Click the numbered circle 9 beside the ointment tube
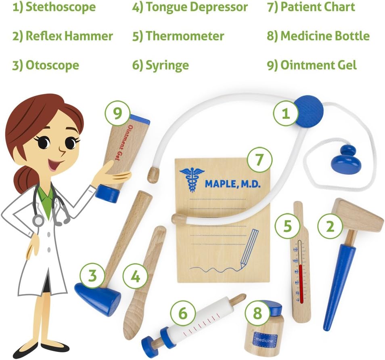tap(117, 113)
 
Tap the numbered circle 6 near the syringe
tap(183, 313)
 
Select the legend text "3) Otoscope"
tap(46, 65)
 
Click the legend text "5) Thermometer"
tap(178, 36)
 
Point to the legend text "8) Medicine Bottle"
tap(318, 36)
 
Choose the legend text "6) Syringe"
tap(161, 65)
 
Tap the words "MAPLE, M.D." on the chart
tap(232, 184)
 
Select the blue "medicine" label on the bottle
tap(265, 340)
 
